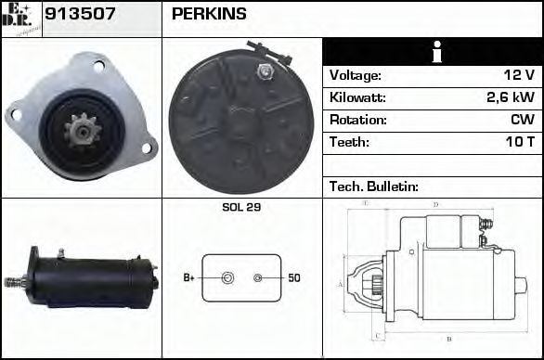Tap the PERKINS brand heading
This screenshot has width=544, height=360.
(209, 14)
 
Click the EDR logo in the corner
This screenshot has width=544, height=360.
(20, 18)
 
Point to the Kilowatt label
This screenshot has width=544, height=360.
(357, 97)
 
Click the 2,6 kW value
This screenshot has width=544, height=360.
(511, 97)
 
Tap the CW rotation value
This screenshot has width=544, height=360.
(523, 120)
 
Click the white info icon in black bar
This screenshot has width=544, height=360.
(433, 52)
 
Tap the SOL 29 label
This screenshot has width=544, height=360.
(241, 207)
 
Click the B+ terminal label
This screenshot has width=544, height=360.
(188, 277)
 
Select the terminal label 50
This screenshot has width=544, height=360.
(293, 277)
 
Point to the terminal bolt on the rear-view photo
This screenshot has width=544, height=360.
(267, 71)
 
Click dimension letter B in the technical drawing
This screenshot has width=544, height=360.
(449, 339)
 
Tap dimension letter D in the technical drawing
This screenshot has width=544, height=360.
(435, 204)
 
